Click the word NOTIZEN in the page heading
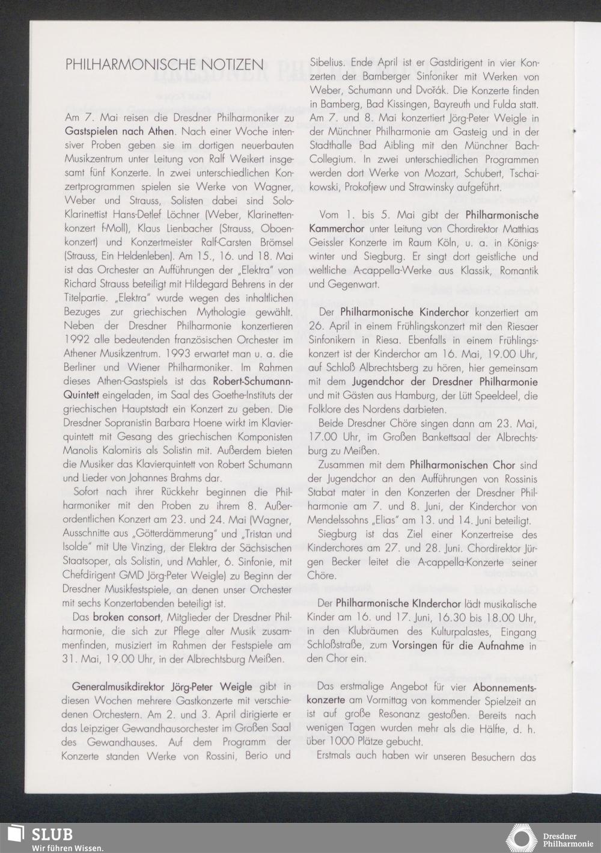coord(233,65)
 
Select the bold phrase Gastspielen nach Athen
coord(120,130)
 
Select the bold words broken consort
coord(126,618)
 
